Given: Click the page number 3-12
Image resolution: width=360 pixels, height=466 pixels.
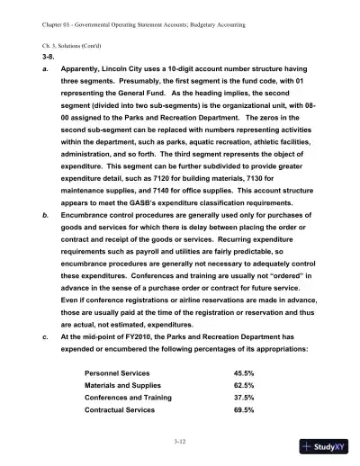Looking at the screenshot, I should [179, 444].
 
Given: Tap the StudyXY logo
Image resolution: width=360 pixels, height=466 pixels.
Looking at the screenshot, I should [328, 446].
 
